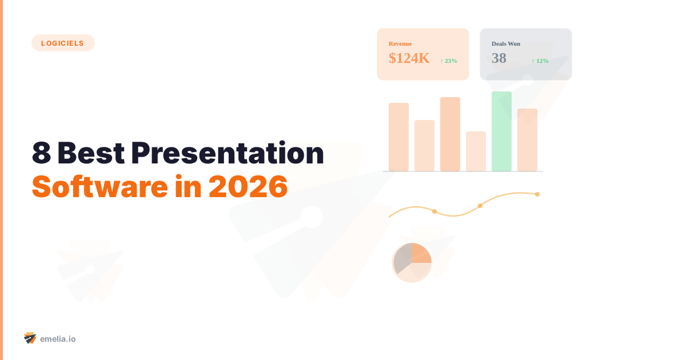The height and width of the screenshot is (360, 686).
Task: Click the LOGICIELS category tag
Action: pos(63,43)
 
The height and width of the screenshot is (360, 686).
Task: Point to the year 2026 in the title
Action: pos(247,186)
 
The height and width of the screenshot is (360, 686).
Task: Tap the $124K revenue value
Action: pos(409,58)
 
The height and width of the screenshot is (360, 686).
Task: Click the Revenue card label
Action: pos(400,44)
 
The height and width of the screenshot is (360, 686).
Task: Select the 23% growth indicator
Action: pos(449,61)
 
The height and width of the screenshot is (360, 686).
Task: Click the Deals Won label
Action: pos(506,44)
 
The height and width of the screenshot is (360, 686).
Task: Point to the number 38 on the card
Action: pos(499,58)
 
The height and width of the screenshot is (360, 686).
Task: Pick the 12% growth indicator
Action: pos(540,61)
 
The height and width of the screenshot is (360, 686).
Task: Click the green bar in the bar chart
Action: pos(501,131)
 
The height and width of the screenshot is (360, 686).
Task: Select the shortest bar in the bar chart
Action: pos(476,151)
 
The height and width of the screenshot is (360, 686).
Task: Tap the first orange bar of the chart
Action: pos(398,137)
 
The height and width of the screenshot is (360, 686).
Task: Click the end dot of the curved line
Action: pos(537,194)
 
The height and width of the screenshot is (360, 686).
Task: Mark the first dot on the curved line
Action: pos(434,211)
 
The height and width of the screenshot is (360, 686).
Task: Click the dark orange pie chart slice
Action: pos(420,253)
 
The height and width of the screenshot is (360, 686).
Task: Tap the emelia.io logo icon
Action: pos(30,338)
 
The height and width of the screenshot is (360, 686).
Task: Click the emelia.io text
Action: pos(58,339)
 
